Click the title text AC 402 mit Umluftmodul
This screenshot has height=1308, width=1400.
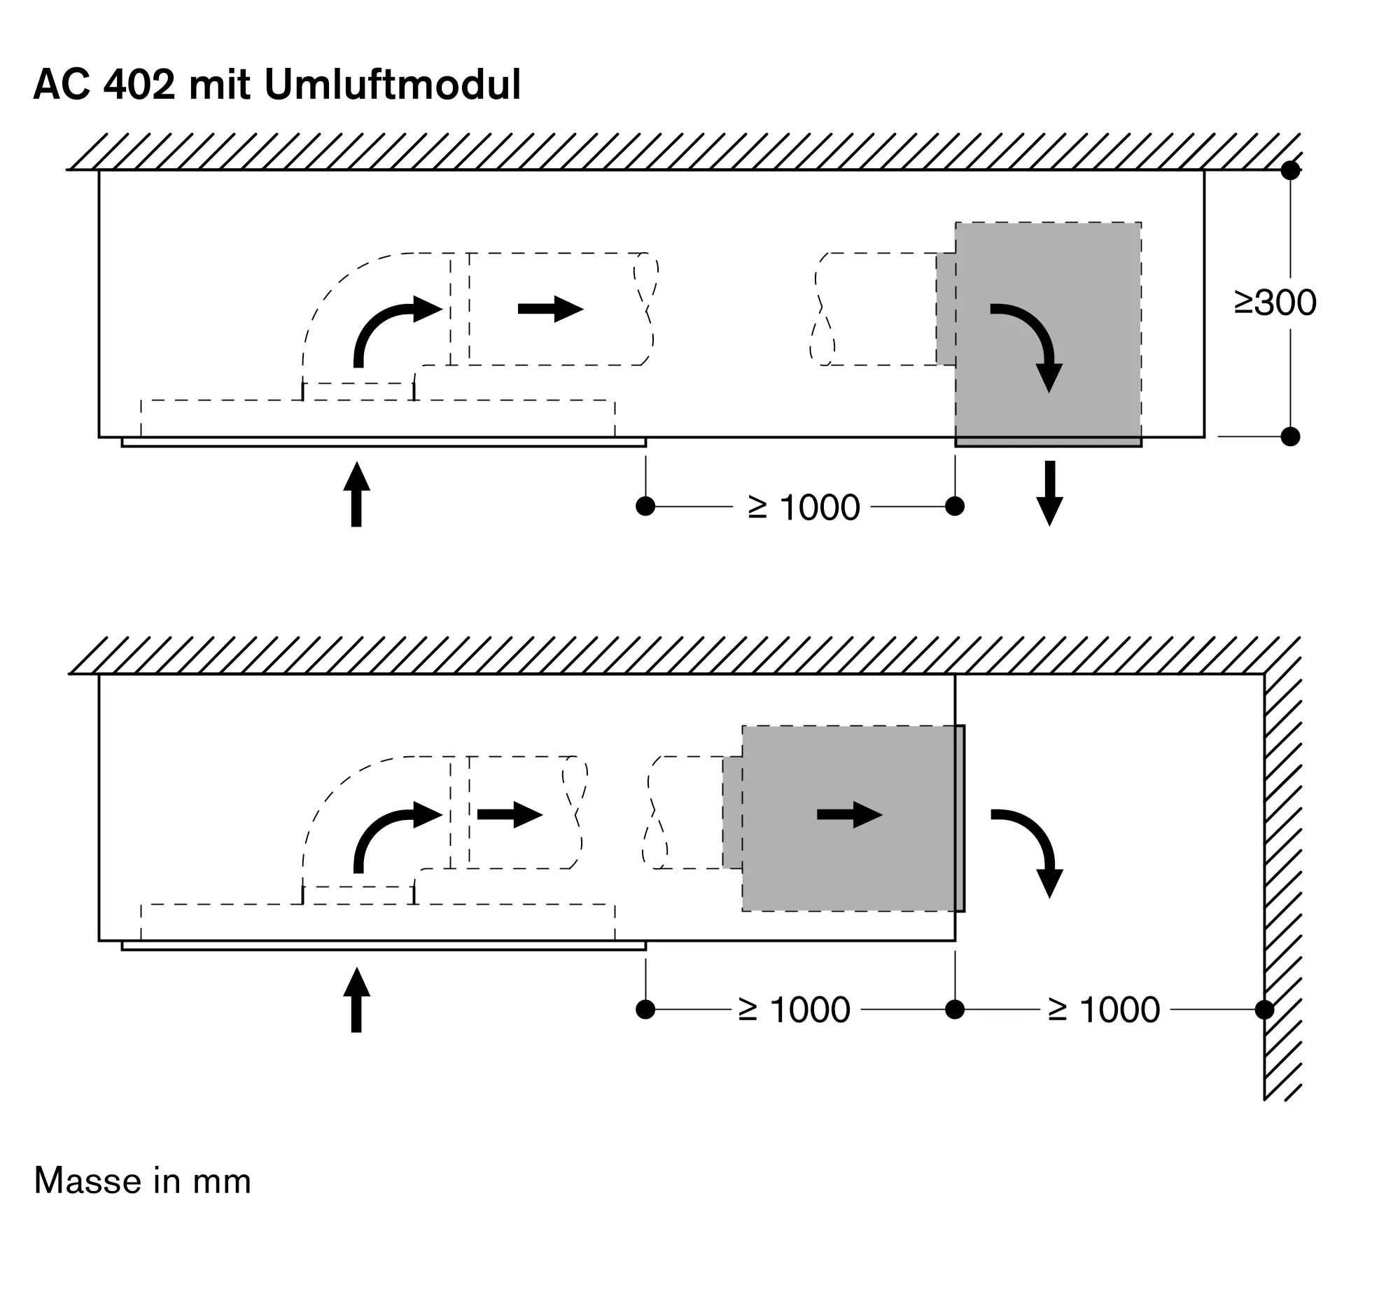(276, 85)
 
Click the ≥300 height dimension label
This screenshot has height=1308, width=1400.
(1275, 303)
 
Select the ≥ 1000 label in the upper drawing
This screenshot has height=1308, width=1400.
(804, 507)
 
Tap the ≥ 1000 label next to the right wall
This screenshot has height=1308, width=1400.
(1103, 1009)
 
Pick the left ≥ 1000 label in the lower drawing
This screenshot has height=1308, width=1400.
(794, 1009)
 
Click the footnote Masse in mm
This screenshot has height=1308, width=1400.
(142, 1181)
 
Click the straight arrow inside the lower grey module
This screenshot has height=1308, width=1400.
(850, 814)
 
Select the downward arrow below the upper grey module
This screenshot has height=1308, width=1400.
(1049, 493)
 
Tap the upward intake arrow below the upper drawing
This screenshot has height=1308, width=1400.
(356, 494)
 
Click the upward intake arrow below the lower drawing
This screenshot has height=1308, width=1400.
(356, 999)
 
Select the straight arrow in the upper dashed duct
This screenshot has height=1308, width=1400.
(551, 309)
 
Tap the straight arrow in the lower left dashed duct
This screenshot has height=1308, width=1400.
(510, 814)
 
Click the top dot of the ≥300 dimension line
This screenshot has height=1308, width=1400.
(1290, 170)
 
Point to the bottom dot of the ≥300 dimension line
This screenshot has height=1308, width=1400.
(1290, 437)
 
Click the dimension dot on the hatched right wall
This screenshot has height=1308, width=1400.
(1264, 1009)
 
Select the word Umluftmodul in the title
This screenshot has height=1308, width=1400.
(392, 85)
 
